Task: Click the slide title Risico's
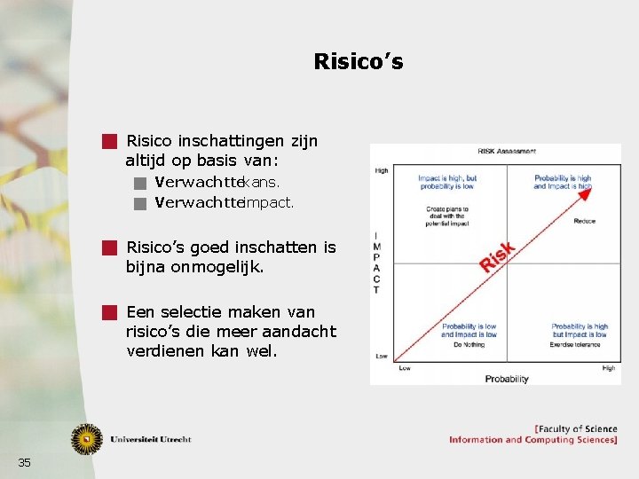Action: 358,61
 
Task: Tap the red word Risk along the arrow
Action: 497,256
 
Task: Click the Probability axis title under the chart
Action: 506,379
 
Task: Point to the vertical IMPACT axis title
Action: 377,263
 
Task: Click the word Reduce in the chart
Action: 584,221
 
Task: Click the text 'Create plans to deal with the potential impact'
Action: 447,214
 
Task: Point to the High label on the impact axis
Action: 382,170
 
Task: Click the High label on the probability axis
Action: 608,368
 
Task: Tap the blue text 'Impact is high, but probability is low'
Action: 447,182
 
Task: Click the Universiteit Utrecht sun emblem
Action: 87,438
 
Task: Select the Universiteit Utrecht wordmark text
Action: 151,439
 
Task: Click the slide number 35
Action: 24,462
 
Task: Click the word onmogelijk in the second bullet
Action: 218,266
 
